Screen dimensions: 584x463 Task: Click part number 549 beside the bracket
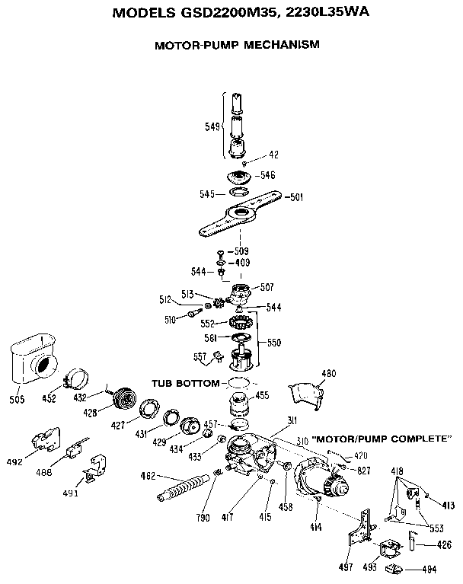point(213,126)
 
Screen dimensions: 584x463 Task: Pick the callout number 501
point(295,197)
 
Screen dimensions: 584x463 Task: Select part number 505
point(17,399)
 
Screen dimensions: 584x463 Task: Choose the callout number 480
point(328,374)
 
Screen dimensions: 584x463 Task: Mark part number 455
point(261,395)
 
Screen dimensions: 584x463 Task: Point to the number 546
point(267,175)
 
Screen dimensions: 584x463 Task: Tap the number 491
point(71,493)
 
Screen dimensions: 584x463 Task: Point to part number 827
point(362,471)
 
